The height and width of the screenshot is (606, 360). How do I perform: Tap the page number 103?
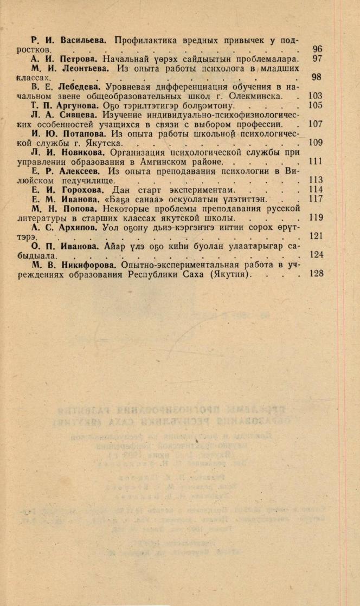(315, 96)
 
